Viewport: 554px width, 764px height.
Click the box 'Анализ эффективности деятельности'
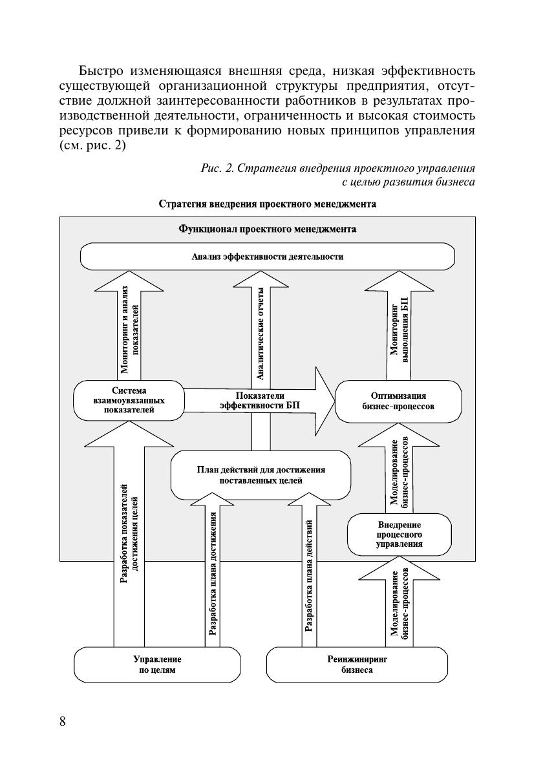click(x=267, y=257)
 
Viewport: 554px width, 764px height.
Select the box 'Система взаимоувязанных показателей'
click(x=129, y=401)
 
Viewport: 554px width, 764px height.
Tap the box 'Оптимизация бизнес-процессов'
click(x=398, y=401)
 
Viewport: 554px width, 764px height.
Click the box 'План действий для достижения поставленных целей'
click(x=261, y=476)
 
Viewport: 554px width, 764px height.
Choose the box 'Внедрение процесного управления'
click(x=399, y=535)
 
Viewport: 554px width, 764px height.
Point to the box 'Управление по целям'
click(x=157, y=665)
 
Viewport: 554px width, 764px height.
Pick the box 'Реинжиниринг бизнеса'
click(x=357, y=665)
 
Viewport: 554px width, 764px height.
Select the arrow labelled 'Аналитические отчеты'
click(x=261, y=330)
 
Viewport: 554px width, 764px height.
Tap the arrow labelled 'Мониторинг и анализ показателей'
click(x=129, y=330)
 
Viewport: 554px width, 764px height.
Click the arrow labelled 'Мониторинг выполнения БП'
click(x=398, y=330)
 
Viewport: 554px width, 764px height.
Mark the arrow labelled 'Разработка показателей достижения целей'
click(x=129, y=536)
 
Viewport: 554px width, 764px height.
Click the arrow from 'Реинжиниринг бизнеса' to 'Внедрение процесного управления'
click(x=399, y=604)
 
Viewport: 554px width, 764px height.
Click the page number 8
click(x=62, y=722)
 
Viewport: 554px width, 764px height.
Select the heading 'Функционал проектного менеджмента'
click(x=266, y=229)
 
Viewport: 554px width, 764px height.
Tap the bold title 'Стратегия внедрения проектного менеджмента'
click(x=267, y=204)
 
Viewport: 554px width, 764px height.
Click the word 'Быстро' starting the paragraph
click(x=99, y=70)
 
